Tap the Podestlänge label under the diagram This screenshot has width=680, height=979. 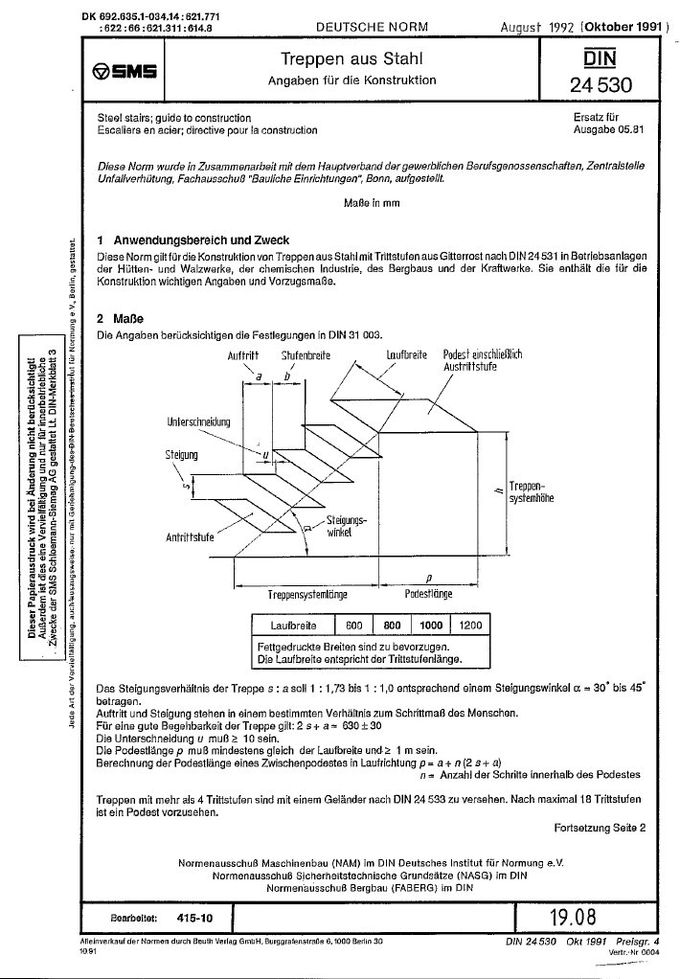coord(428,594)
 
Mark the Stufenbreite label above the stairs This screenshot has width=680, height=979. coord(306,356)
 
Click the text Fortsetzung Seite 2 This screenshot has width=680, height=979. coord(600,826)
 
